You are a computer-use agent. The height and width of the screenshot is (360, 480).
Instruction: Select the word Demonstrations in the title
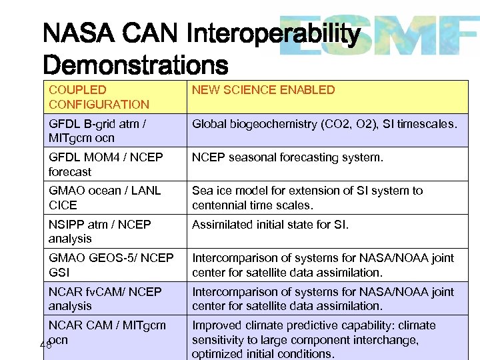click(135, 65)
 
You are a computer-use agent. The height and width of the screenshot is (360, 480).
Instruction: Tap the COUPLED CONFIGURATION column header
click(99, 97)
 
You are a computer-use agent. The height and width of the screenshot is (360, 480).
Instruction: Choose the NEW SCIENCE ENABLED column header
click(263, 90)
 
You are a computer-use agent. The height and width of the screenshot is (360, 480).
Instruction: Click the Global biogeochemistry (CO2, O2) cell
click(325, 124)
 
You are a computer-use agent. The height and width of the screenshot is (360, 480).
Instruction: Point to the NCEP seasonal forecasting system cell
click(288, 158)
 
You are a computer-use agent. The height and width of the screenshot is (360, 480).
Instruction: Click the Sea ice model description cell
click(307, 198)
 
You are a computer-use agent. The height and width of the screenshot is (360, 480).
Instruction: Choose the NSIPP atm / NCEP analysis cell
click(99, 231)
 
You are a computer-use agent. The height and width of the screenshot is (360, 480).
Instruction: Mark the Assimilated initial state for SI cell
click(270, 225)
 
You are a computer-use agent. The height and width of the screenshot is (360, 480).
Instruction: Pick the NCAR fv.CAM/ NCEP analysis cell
click(105, 299)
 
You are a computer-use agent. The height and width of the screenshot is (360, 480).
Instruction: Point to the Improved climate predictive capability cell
click(313, 339)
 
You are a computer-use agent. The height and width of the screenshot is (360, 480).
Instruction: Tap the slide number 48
click(45, 345)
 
